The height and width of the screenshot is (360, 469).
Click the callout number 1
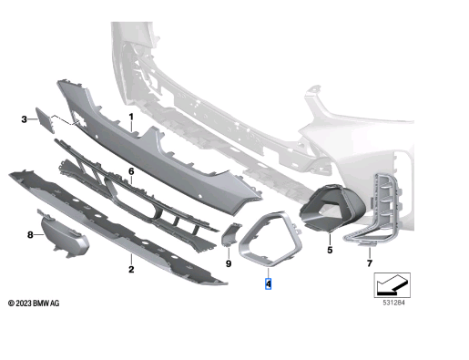tap(130, 118)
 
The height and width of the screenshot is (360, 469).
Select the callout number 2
tap(130, 270)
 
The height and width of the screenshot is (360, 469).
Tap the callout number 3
tap(25, 118)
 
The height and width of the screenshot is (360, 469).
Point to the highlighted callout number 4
tap(269, 283)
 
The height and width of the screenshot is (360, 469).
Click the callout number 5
tap(330, 249)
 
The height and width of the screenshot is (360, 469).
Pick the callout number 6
tap(131, 170)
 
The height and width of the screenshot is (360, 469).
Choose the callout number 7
tap(370, 263)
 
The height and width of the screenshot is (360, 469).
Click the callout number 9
tap(229, 263)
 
